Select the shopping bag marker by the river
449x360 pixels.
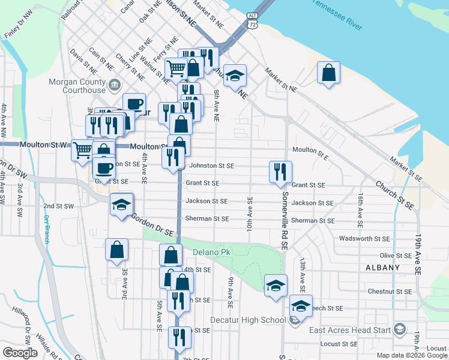click(x=328, y=73)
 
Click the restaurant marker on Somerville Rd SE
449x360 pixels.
click(x=280, y=172)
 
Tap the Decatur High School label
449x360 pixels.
click(x=256, y=320)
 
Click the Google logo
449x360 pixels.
click(x=19, y=352)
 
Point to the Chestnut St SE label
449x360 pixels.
click(x=388, y=292)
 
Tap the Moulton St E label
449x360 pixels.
click(x=310, y=150)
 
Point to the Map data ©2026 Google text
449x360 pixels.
click(x=411, y=355)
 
